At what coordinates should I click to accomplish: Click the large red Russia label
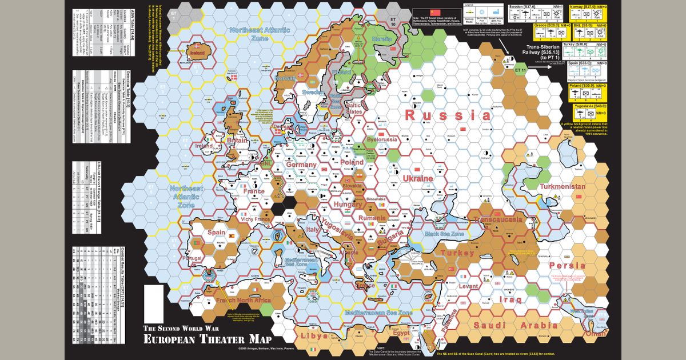448,115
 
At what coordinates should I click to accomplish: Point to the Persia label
567,266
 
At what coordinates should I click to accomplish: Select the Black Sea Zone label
443,234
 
